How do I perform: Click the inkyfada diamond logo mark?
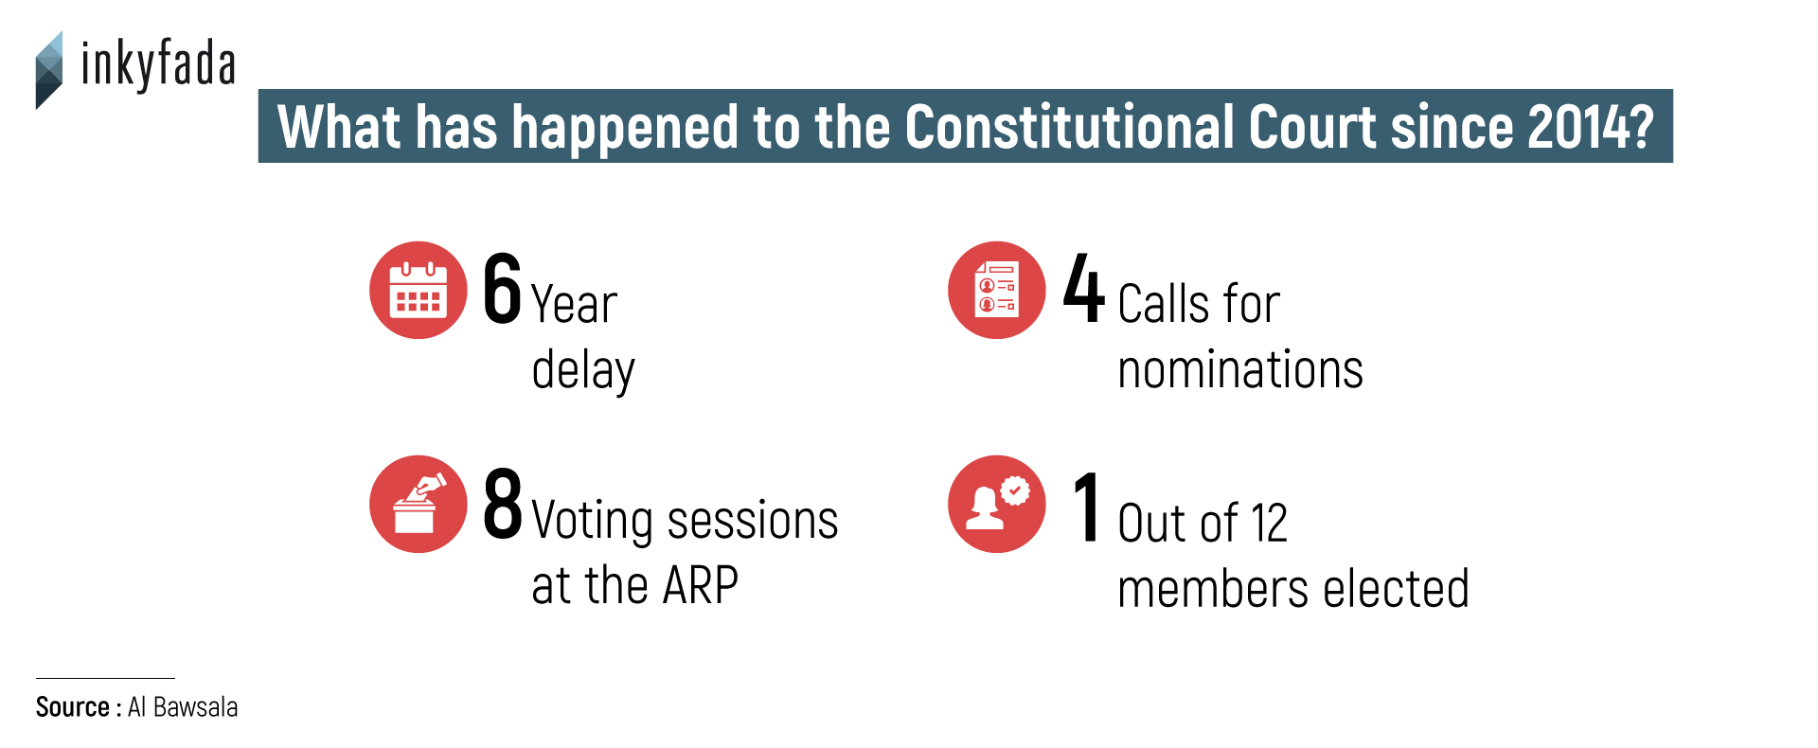49,70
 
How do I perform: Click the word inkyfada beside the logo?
158,64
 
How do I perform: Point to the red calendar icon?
419,290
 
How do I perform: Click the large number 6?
502,289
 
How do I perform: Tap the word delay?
583,369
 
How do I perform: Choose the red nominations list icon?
997,290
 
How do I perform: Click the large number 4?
1083,288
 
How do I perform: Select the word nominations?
1240,369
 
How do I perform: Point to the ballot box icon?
419,504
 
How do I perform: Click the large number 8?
502,504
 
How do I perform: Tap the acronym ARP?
700,585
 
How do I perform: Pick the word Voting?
593,522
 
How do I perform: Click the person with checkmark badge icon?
997,504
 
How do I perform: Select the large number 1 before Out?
1087,507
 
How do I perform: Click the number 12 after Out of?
1269,524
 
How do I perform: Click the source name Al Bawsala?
183,707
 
